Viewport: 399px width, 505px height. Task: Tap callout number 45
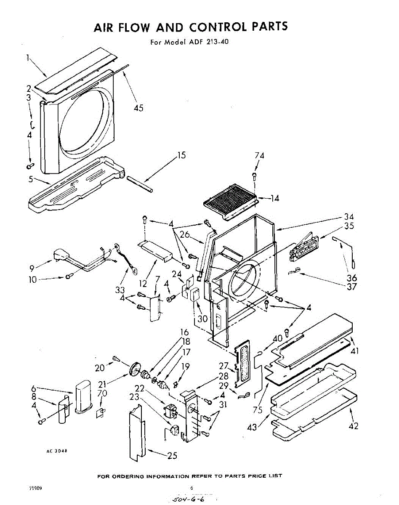pos(138,108)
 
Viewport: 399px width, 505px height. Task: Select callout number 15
pos(181,155)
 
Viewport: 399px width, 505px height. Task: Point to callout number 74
pos(259,155)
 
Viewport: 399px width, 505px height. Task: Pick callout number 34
pos(348,217)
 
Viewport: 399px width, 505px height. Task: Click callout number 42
pos(354,426)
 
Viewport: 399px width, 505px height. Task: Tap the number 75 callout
pos(258,410)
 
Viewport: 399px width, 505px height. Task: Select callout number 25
pos(172,455)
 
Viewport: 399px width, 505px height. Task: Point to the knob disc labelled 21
pos(135,369)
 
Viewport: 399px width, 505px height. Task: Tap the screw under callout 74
pos(255,174)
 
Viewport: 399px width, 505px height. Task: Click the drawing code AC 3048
pos(57,451)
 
